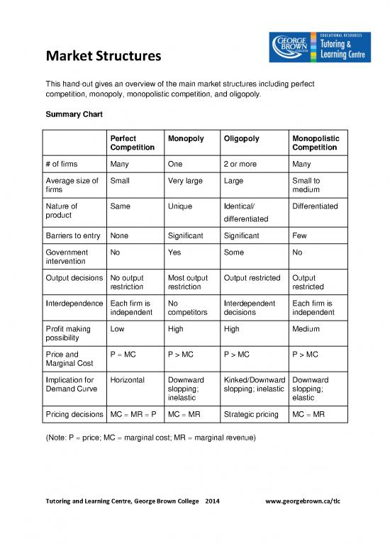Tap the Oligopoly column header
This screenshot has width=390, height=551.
click(x=243, y=138)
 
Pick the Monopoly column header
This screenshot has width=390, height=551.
click(x=186, y=138)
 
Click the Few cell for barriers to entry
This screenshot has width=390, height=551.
click(x=299, y=235)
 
